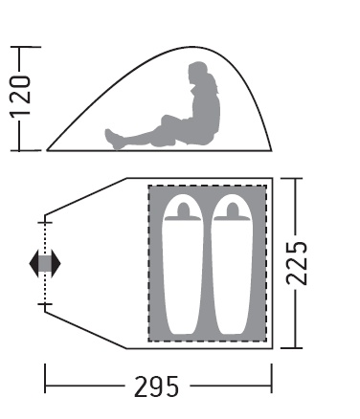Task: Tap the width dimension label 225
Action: coord(297,263)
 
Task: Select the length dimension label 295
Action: coord(156,386)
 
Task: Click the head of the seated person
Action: coord(198,73)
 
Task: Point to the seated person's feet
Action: coord(113,139)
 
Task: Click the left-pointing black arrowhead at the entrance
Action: coord(34,264)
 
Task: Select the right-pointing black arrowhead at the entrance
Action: coord(56,264)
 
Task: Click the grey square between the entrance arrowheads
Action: coord(45,264)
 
